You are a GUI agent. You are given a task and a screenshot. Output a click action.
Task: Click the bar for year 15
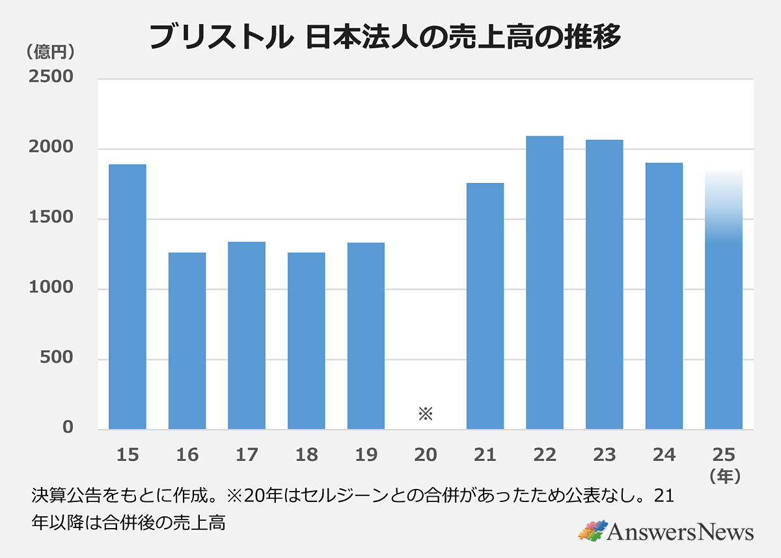127,296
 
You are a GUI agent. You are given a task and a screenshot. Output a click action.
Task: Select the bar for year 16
187,341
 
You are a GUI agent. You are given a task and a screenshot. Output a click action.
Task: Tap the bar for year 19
366,335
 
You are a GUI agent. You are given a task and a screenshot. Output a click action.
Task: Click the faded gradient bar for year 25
724,300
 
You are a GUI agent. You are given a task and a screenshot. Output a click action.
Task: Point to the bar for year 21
485,306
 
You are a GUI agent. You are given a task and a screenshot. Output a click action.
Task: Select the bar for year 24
664,296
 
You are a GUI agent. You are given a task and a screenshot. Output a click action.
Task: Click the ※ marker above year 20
425,413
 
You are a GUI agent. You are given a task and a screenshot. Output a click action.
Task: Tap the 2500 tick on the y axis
50,77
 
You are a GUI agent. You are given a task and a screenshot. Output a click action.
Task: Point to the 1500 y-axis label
50,219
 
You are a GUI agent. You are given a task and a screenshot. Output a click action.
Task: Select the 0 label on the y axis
68,428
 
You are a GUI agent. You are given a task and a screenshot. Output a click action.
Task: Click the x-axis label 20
425,454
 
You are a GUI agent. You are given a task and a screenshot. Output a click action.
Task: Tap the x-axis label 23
604,454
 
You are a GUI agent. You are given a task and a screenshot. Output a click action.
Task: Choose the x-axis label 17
246,454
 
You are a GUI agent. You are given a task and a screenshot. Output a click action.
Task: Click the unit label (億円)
49,51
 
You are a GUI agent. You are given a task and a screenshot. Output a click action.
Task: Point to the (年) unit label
724,477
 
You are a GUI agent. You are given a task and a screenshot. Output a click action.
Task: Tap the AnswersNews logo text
680,532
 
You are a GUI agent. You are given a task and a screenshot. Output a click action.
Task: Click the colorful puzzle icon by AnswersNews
592,530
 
